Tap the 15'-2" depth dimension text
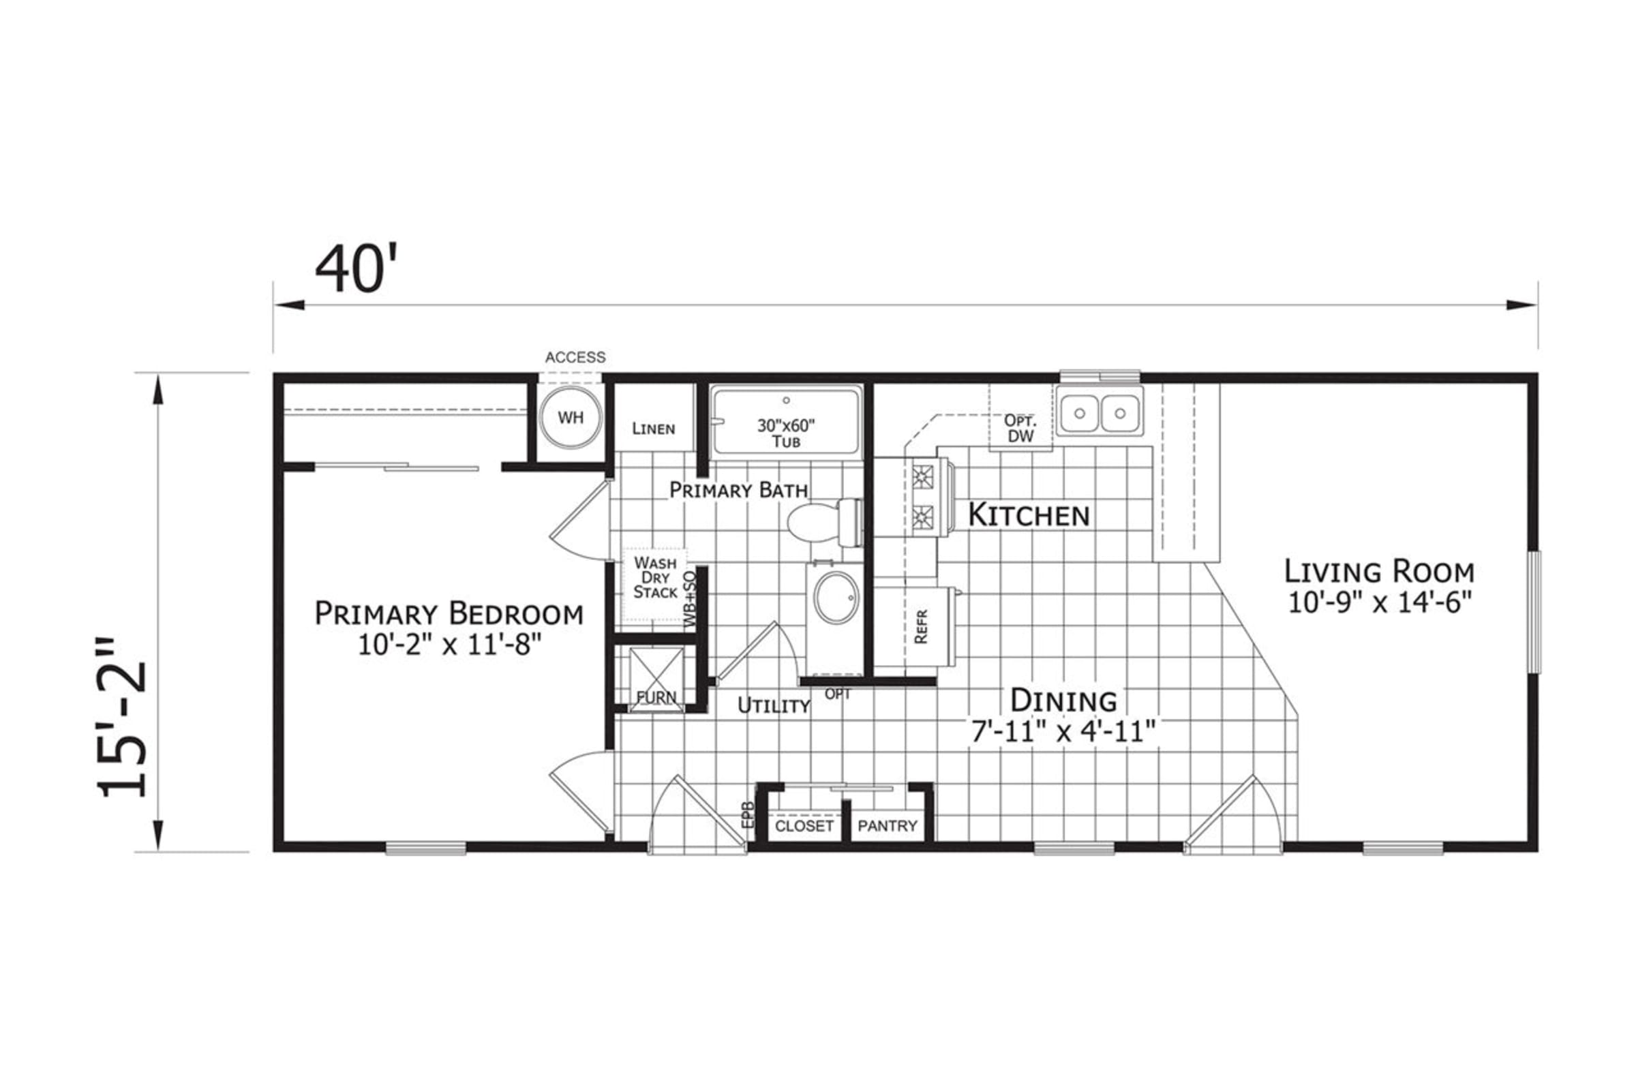(122, 717)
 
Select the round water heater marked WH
(571, 418)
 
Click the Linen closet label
(654, 428)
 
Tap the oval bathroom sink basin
(836, 597)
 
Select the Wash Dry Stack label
(655, 577)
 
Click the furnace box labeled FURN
(656, 680)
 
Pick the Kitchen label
(1029, 515)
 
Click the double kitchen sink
(1100, 412)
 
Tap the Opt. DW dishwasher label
(1021, 428)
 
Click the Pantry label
(888, 826)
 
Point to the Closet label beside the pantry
(804, 826)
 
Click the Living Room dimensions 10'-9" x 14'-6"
(1380, 602)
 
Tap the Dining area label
(1063, 700)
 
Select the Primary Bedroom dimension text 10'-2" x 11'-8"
(449, 645)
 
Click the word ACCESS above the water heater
(575, 357)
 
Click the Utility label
(774, 705)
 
